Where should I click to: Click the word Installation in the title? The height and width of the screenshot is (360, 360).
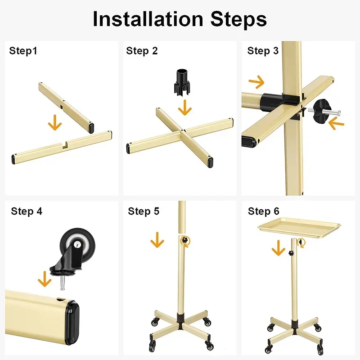148,19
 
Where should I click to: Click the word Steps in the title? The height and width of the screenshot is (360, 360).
238,19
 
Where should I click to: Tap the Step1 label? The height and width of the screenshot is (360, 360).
23,51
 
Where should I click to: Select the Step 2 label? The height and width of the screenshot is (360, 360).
142,51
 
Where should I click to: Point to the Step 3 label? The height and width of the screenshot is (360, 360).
263,51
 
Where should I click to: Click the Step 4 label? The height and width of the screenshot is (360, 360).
27,211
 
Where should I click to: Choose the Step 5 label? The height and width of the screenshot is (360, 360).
144,211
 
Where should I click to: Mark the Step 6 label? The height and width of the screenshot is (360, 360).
264,211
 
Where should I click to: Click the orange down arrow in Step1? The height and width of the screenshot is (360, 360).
55,122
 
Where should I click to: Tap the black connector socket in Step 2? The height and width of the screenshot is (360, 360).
183,81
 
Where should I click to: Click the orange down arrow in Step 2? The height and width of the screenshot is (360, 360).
184,108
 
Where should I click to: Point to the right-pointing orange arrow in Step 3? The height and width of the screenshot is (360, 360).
256,82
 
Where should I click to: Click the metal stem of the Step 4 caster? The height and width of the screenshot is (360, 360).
62,283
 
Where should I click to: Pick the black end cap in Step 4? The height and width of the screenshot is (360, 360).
72,323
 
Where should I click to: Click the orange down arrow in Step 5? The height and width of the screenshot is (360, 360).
157,240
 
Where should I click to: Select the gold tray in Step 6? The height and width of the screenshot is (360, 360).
299,227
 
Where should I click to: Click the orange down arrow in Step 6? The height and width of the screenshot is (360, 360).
278,248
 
